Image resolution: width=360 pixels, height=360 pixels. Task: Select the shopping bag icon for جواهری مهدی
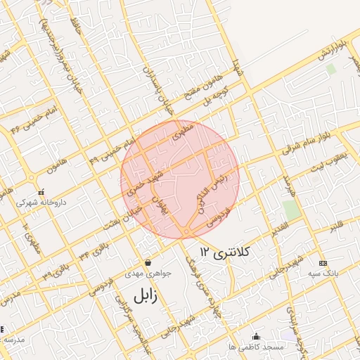(x=148, y=261)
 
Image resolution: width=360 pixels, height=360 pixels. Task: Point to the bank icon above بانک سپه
(x=323, y=262)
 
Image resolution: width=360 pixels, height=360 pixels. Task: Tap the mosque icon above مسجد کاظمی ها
(x=256, y=336)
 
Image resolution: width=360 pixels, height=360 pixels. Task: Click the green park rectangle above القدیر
(x=290, y=210)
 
